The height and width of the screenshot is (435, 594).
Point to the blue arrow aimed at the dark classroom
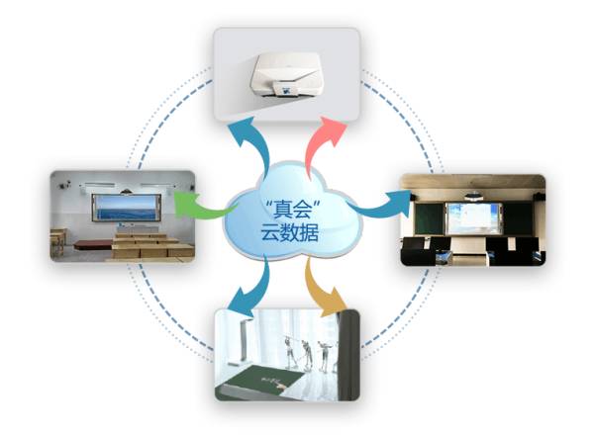380,205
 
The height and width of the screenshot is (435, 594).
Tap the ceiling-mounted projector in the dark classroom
476,192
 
